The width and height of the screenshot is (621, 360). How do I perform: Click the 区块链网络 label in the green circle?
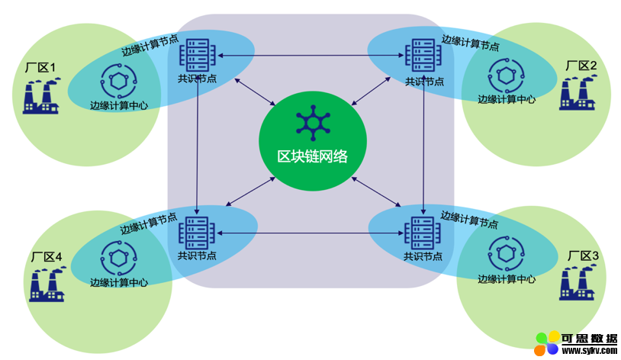[312, 156]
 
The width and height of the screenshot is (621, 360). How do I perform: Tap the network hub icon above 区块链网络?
[311, 124]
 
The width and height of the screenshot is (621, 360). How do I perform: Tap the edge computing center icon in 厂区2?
[506, 74]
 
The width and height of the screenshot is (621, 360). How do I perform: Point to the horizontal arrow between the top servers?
[310, 56]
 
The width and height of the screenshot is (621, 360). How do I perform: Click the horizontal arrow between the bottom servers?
[310, 233]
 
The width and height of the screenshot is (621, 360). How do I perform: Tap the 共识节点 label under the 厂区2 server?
[424, 82]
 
